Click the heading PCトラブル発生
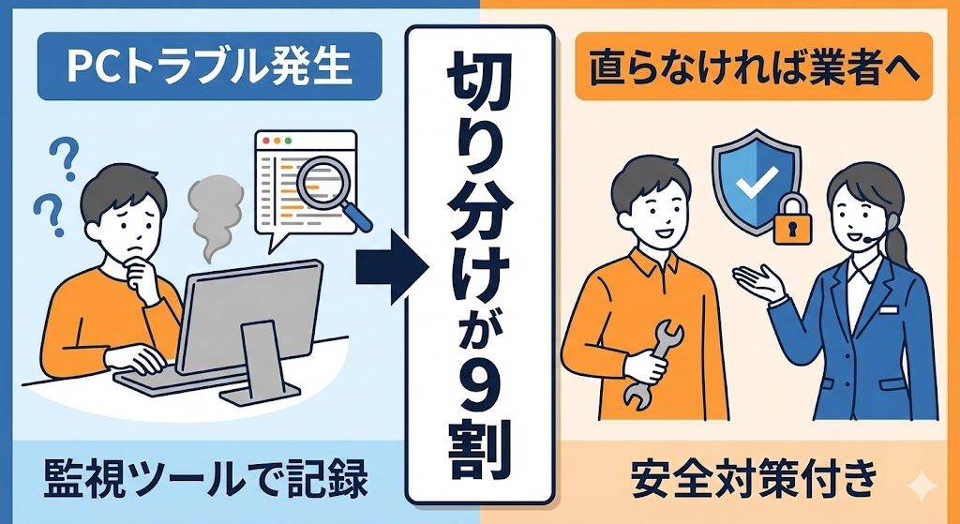[209, 67]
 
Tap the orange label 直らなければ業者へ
[754, 67]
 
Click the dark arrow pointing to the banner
[392, 268]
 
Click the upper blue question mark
[66, 157]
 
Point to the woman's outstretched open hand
[757, 283]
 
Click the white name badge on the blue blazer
[889, 309]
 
